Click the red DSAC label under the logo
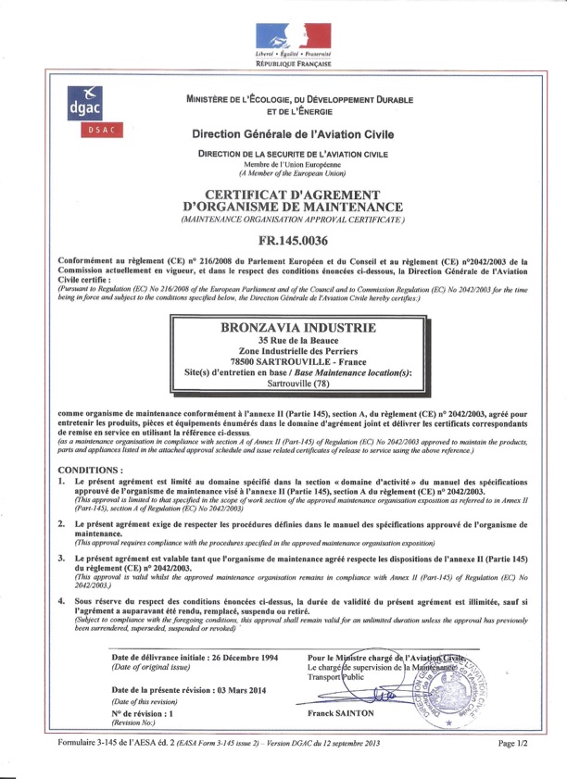pos(86,131)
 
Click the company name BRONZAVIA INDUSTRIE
pos(300,329)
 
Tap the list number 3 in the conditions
pos(61,560)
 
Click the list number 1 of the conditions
pos(61,483)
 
